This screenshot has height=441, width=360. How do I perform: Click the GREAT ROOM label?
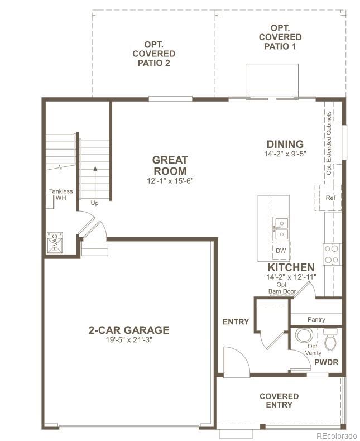coord(170,165)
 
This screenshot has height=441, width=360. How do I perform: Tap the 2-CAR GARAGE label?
coord(128,330)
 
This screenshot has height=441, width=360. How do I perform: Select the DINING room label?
coord(285,144)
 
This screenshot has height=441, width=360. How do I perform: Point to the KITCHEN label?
coord(291,267)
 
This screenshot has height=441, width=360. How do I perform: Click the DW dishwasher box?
coord(281,251)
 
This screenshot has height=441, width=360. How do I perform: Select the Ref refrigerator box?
coord(330,198)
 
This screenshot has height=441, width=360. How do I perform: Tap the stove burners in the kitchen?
coord(332,254)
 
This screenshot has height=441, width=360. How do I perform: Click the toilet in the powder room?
coord(331,339)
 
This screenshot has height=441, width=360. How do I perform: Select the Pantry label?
coord(316,320)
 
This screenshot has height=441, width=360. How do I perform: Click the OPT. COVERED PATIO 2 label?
coord(153,54)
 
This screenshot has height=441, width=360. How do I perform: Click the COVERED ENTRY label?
coord(279,400)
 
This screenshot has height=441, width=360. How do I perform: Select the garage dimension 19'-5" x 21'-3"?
coord(128,340)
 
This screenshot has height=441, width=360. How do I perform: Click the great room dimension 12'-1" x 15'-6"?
coord(170,180)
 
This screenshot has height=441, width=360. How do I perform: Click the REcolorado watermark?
coord(335,435)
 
